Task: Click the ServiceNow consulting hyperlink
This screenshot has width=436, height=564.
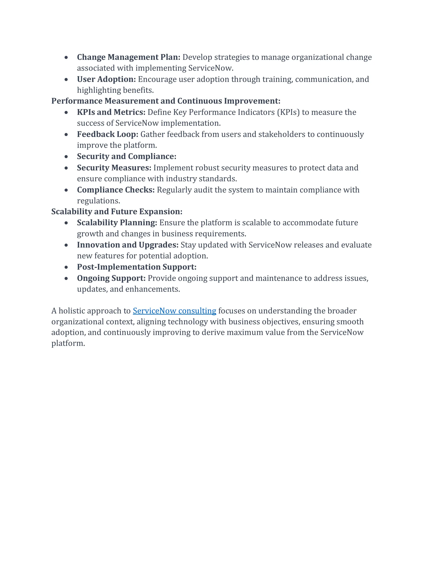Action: point(174,311)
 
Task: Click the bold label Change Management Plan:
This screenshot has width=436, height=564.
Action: point(128,57)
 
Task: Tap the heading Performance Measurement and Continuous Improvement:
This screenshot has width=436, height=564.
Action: point(166,101)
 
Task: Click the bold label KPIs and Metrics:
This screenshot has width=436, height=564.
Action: point(111,112)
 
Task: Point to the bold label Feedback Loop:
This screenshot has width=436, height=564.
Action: point(108,134)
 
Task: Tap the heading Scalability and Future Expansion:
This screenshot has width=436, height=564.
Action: point(117,212)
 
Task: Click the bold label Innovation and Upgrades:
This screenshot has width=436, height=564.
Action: point(128,245)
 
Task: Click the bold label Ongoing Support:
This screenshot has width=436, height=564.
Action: point(111,278)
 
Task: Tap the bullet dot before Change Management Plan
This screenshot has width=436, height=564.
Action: point(66,57)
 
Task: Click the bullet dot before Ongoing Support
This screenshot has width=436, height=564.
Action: point(66,278)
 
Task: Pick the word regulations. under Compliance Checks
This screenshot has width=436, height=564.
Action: point(98,201)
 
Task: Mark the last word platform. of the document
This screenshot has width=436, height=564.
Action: point(68,344)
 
